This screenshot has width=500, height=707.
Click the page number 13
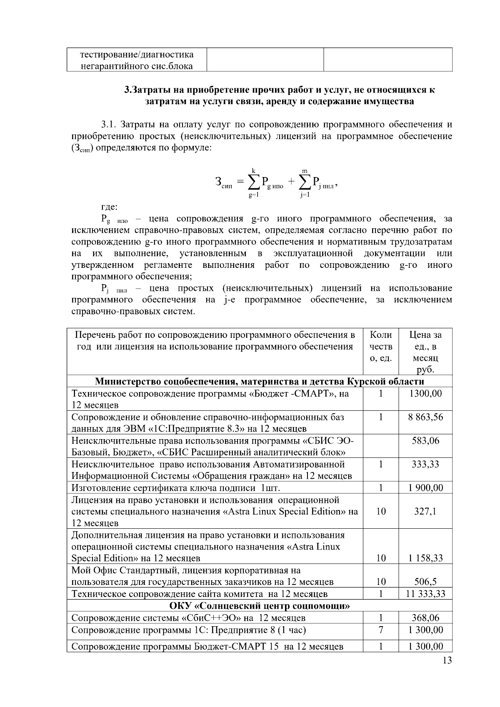point(447,661)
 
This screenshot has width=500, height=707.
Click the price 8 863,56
point(425,417)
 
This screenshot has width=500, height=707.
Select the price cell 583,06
point(425,440)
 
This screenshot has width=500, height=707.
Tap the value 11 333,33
point(425,594)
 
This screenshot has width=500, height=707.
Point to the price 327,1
point(425,511)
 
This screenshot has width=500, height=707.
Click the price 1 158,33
point(425,558)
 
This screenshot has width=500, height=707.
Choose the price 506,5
point(425,582)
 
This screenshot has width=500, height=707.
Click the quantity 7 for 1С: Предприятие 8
point(381,630)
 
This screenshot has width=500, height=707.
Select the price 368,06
point(425,618)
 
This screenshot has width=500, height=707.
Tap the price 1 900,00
point(425,488)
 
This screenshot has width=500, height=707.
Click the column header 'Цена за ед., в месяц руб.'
point(425,352)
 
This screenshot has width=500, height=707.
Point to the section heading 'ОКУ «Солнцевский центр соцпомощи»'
point(259,605)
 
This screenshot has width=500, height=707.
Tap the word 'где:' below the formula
point(110,207)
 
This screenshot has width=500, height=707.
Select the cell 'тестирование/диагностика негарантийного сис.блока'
point(136,60)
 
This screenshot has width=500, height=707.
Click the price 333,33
point(425,464)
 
